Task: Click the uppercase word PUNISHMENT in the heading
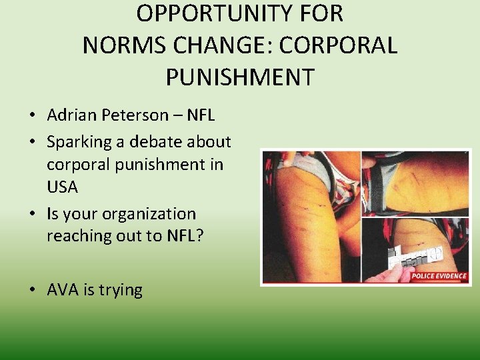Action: (x=239, y=77)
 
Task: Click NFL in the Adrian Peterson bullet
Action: (x=201, y=115)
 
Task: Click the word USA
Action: (x=63, y=187)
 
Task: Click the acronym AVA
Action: (x=62, y=290)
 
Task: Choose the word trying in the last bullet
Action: (x=119, y=291)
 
